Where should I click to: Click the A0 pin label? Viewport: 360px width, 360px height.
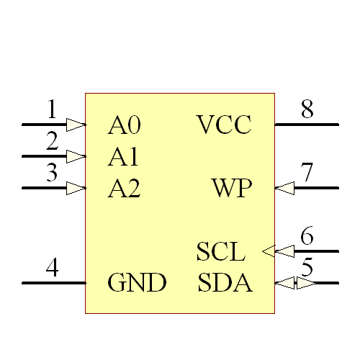tap(124, 126)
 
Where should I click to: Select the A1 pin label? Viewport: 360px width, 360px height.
tap(124, 157)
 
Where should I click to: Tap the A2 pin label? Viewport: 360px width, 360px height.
tap(124, 189)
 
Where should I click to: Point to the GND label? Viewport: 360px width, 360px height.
tap(137, 283)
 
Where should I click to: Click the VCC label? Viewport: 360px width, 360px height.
tap(224, 126)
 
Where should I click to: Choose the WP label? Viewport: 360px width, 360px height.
tap(232, 189)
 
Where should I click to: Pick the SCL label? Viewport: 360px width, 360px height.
tap(221, 253)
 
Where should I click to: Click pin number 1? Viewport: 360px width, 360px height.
tap(52, 110)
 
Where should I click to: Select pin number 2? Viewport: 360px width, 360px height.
tap(52, 142)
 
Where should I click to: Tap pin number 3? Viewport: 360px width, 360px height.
tap(52, 174)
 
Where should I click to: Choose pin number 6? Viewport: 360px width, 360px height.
tap(307, 236)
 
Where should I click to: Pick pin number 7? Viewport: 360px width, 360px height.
tap(307, 174)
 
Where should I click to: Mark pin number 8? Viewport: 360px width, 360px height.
tap(307, 110)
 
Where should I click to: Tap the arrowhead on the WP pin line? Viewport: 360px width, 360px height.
tap(285, 188)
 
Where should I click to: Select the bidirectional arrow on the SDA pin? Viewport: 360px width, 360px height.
tap(295, 283)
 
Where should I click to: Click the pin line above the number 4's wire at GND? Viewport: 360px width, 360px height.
tap(53, 283)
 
